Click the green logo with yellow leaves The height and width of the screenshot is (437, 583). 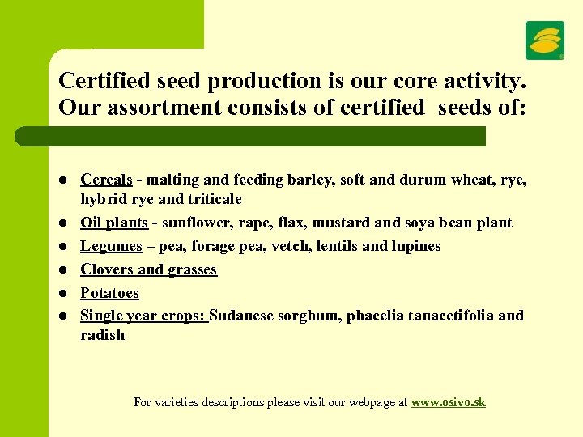coord(545,40)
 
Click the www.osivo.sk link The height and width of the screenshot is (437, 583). coord(448,402)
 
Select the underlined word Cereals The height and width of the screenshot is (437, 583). coord(106,180)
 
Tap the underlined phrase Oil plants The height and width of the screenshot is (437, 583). coord(113,223)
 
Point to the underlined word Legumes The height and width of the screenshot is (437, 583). coord(111,246)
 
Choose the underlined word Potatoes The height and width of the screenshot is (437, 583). coord(109,293)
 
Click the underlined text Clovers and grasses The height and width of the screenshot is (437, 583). coord(148,269)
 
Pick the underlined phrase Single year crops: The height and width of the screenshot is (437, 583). coord(144,316)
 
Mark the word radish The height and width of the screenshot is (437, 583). coord(102,335)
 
